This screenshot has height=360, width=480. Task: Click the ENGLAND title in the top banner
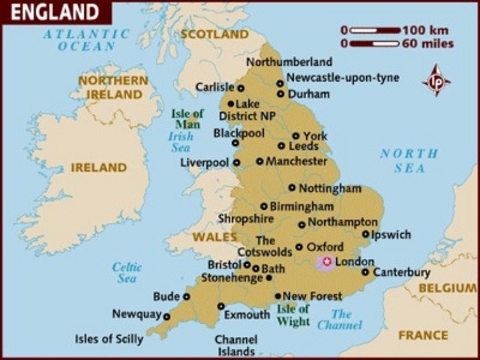click(x=54, y=12)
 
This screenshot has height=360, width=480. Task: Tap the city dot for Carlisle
click(x=241, y=88)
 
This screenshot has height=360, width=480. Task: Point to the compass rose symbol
click(x=436, y=80)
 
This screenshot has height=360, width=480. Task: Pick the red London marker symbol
click(x=325, y=262)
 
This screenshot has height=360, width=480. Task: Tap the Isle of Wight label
click(x=293, y=315)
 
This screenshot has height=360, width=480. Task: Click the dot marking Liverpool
click(x=236, y=162)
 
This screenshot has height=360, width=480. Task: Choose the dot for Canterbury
click(x=365, y=272)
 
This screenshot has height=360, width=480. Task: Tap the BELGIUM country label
click(x=447, y=288)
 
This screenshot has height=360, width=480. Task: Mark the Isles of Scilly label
click(x=109, y=339)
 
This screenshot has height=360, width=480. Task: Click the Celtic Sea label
click(x=127, y=272)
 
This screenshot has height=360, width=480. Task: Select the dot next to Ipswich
click(x=365, y=235)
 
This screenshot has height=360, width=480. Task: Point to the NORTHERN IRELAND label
click(x=113, y=87)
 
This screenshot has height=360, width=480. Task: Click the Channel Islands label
click(x=236, y=345)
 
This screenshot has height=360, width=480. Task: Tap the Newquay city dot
click(x=166, y=316)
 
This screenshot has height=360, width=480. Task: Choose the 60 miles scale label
click(x=427, y=43)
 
